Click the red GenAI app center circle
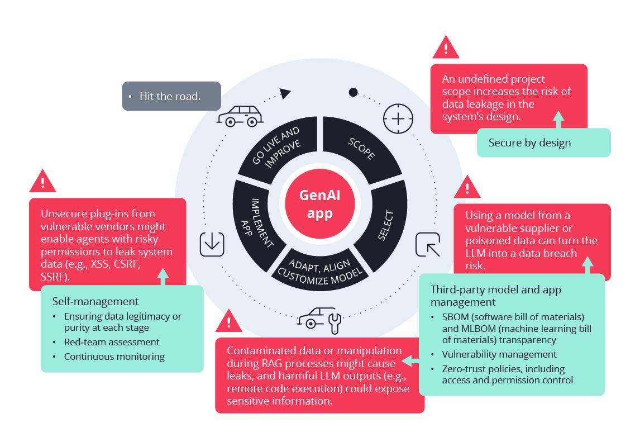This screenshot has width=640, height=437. pos(319,204)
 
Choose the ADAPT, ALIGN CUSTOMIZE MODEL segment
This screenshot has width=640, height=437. pos(320,271)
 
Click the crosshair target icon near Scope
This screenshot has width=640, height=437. pos(398,119)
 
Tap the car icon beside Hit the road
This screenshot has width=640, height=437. pos(240,116)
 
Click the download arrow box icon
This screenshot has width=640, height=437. pos(212,244)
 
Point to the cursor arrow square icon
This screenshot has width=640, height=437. pos(428,244)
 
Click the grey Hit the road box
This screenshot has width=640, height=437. pos(171,96)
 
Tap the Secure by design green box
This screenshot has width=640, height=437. pos(544,142)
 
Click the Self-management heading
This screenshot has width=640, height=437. pos(95,301)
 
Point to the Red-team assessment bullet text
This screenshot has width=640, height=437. pos(112,342)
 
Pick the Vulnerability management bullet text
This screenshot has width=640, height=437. pos(499,354)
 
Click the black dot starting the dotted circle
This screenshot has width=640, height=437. pos(354,92)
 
